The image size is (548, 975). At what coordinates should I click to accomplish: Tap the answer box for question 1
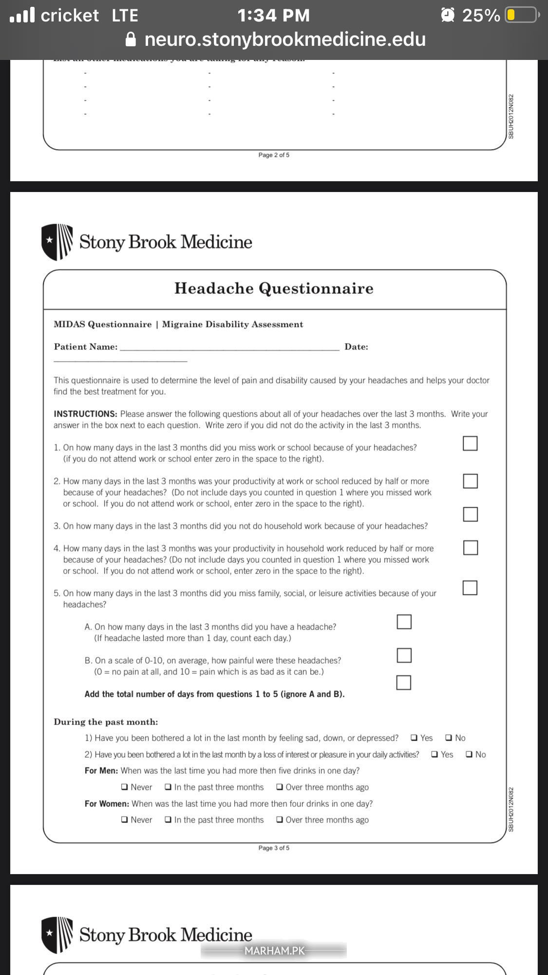coord(470,443)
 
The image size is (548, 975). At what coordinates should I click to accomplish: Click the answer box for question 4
coord(470,548)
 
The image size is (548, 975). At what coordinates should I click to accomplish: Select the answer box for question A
coord(404,622)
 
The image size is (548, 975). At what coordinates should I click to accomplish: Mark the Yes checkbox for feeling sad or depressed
coord(414,738)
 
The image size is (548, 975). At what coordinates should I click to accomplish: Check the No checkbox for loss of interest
coord(469,755)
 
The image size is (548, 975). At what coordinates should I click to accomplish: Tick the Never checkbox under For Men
coord(125,787)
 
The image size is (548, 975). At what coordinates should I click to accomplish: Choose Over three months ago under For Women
coord(280,820)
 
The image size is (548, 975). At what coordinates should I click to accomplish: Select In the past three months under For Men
coord(168,787)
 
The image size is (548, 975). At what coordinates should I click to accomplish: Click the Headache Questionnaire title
coord(274,288)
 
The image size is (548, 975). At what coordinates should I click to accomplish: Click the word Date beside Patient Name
coord(356,347)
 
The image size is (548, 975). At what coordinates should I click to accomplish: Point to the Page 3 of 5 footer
coord(274,848)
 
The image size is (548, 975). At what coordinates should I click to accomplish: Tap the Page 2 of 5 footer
coord(274,155)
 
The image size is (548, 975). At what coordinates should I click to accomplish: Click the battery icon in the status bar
coord(522,16)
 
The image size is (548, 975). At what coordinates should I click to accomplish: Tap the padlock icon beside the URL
coord(131,39)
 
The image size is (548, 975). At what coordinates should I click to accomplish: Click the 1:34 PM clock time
coord(273,16)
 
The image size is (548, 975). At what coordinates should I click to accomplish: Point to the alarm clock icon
coord(447,16)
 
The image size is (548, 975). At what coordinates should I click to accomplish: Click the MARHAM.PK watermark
coord(274,951)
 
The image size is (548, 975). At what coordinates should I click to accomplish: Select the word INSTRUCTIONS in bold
coord(85,414)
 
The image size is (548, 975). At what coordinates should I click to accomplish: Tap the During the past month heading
coord(106,722)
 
